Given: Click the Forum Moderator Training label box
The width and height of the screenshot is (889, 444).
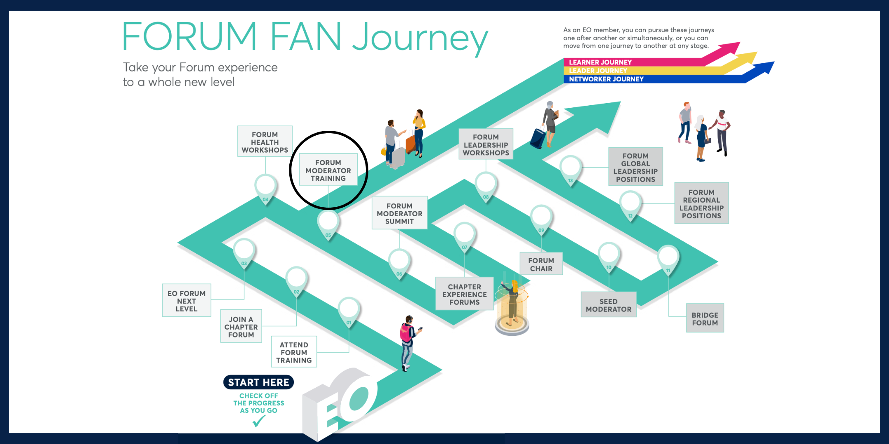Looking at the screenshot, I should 328,170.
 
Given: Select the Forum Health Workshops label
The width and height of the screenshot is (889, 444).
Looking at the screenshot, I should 265,142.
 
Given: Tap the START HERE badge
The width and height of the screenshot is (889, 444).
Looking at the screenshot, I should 258,382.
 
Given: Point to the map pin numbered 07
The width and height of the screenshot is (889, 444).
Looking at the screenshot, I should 465,236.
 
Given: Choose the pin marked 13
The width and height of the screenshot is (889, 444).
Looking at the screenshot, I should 570,169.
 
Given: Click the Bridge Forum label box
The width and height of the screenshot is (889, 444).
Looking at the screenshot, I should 705,319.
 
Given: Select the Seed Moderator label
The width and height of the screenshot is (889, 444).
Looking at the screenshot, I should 608,305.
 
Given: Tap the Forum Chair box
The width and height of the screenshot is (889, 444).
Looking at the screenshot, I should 541,264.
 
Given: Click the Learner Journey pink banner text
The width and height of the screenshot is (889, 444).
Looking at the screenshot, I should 600,62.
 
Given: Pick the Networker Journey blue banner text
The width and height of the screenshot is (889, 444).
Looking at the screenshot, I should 606,79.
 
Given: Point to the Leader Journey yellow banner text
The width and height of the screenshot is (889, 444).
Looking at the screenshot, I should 598,71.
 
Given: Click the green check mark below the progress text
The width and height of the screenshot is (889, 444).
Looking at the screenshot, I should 259,421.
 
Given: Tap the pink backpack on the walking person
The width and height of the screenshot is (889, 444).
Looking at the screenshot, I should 406,334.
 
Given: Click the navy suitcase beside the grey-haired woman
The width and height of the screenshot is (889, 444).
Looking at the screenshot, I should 538,139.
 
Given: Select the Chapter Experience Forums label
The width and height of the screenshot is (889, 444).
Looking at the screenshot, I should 464,294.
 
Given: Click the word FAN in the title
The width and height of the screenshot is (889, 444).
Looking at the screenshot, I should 305,37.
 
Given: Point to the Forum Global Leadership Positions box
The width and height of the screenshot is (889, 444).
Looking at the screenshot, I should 635,167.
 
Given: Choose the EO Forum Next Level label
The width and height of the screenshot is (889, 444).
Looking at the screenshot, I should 186,301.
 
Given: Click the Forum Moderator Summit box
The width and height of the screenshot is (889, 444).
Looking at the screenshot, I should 399,213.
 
